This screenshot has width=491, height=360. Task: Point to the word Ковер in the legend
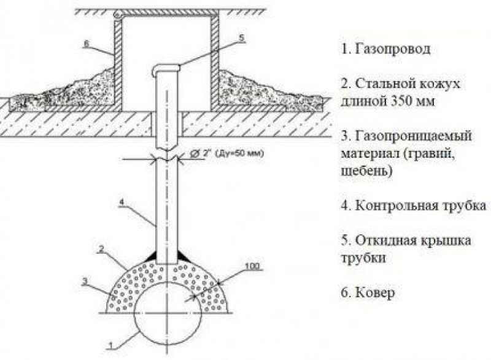click(x=374, y=293)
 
